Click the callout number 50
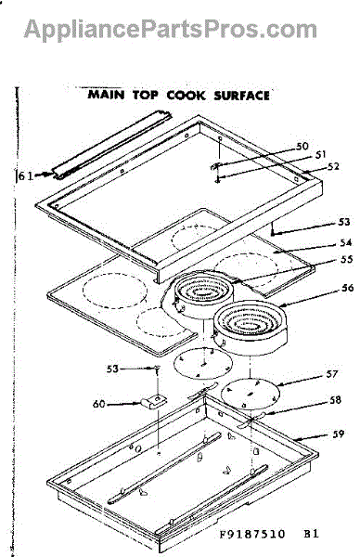(302, 146)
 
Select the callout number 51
(321, 155)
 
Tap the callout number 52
(333, 166)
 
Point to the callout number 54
(345, 242)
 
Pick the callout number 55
(346, 259)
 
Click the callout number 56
(348, 288)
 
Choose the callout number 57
(331, 374)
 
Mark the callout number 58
(335, 400)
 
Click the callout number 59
(338, 434)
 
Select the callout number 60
(99, 404)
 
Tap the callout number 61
(26, 175)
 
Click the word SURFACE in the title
(242, 96)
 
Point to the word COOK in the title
(186, 96)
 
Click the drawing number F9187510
(252, 535)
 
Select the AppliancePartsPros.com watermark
(171, 29)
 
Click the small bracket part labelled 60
(154, 402)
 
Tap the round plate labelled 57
(251, 394)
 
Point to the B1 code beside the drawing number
(311, 534)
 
